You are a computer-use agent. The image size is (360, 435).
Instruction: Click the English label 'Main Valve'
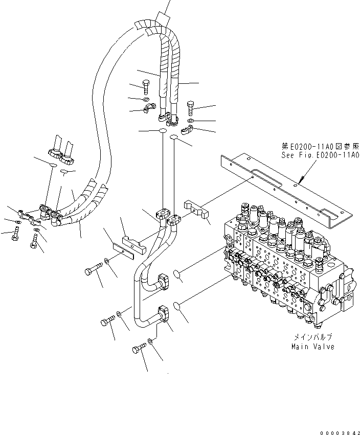coord(313,347)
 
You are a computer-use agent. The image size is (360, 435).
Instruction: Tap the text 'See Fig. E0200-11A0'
coord(321,155)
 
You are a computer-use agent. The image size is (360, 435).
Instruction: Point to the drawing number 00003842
coord(340,433)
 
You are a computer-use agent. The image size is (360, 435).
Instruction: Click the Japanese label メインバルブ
coord(313,337)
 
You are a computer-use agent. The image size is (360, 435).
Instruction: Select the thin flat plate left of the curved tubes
coord(124,251)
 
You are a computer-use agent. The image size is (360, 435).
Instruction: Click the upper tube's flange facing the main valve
coord(164,282)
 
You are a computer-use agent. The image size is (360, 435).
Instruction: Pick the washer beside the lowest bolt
coord(150,340)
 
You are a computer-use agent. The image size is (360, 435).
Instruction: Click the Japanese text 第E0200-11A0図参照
coord(321,146)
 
